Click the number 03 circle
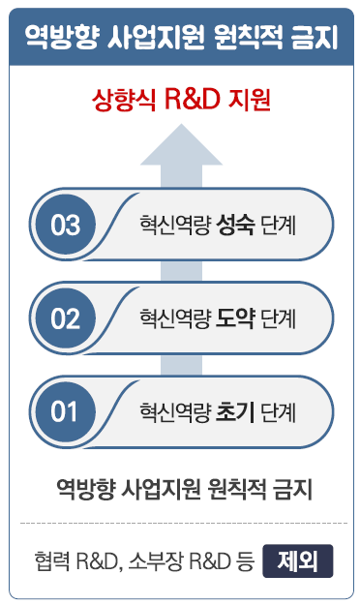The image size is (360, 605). [x=66, y=225]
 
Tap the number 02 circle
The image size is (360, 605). [x=66, y=318]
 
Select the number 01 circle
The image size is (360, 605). [x=64, y=411]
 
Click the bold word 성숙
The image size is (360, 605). [x=236, y=226]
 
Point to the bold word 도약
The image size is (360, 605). [x=236, y=318]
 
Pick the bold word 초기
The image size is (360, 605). [x=236, y=411]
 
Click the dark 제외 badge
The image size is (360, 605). [x=298, y=560]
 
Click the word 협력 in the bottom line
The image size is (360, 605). [x=51, y=561]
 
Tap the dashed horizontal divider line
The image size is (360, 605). [x=180, y=524]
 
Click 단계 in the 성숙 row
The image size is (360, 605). [x=277, y=226]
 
